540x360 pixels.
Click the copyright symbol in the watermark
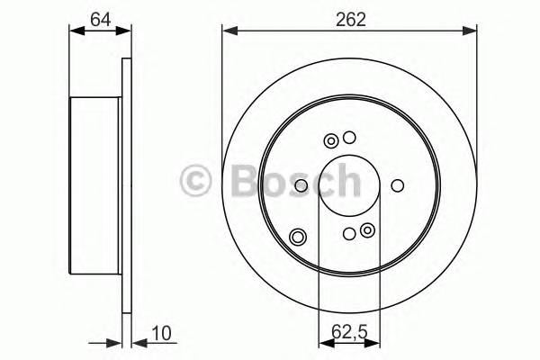point(197,179)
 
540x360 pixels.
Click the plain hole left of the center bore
point(301,186)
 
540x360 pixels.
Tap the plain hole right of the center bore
point(397,186)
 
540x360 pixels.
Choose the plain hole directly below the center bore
point(349,234)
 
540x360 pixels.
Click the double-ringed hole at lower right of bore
point(366,232)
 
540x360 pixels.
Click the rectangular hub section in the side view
point(94,186)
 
